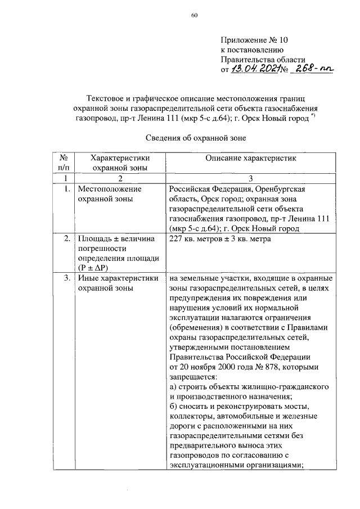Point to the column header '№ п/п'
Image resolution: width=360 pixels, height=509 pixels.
[64, 163]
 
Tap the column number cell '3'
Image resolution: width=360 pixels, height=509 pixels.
[250, 178]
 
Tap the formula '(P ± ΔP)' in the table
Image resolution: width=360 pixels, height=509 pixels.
[94, 268]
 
